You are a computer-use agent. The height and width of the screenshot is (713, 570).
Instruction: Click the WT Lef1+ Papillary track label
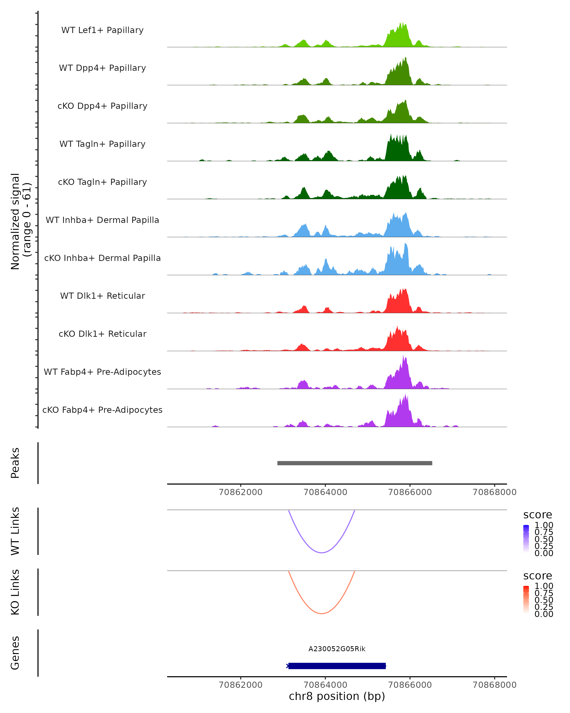(102, 30)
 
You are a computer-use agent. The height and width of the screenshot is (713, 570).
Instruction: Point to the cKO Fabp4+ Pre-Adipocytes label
(102, 410)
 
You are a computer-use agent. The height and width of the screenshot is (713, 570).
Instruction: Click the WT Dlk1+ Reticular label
(102, 296)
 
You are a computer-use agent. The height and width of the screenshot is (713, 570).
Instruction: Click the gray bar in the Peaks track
(355, 463)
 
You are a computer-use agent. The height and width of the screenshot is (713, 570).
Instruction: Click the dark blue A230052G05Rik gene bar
(337, 666)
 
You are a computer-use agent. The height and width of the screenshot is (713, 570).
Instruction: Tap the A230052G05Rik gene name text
(337, 649)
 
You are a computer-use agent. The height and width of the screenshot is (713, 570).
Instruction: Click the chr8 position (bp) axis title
(337, 696)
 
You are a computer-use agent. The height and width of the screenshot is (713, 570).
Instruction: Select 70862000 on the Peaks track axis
(241, 492)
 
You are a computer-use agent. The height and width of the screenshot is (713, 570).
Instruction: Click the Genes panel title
(15, 653)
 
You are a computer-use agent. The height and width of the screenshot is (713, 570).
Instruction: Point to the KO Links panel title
(15, 592)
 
